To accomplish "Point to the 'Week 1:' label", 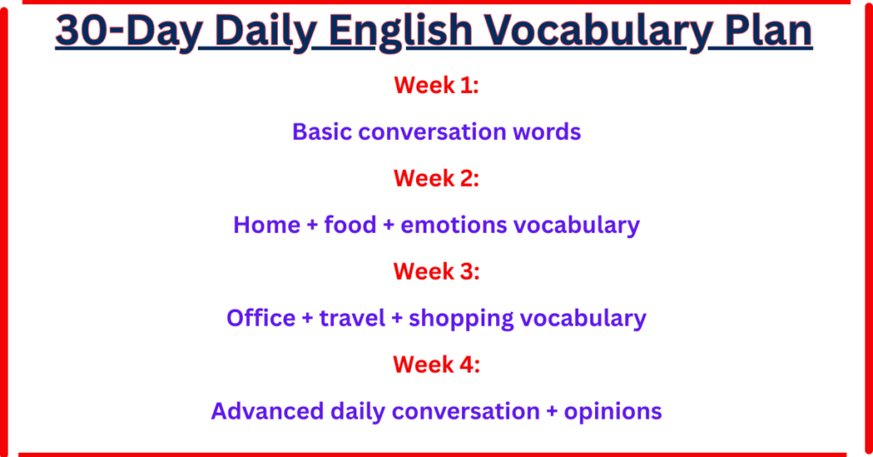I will point(436,85).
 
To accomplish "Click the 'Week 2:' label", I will point(436,178).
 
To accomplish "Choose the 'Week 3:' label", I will point(436,271).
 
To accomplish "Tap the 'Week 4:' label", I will point(436,364).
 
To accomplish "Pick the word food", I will point(350,225).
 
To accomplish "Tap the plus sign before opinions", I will point(554,412).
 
